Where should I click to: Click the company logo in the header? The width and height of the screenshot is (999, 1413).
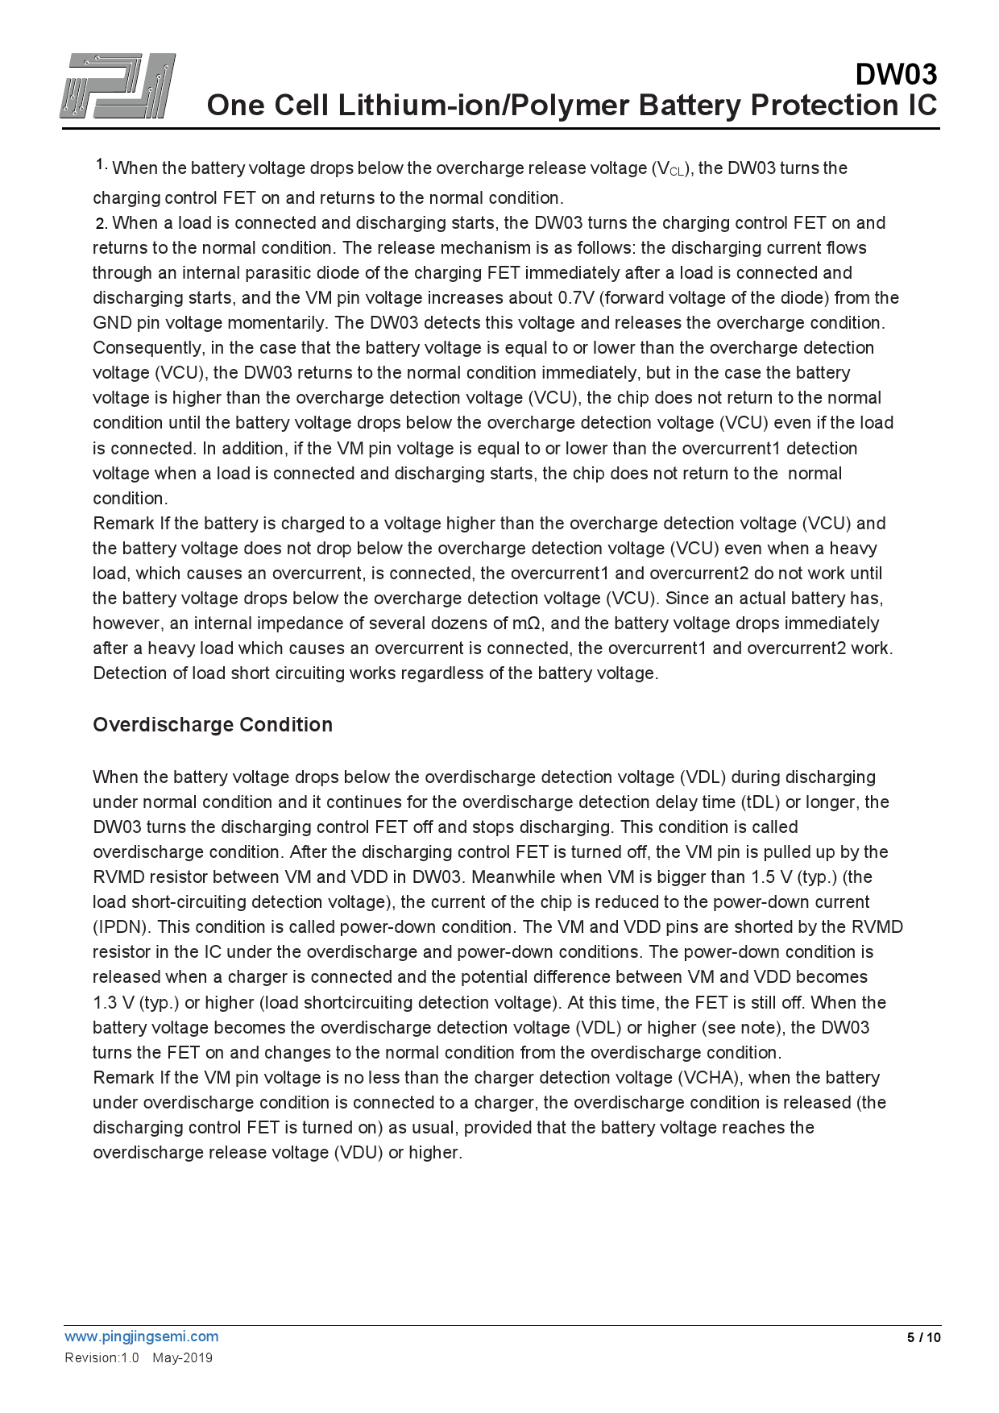coord(118,86)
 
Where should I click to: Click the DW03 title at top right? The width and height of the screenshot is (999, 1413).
coord(896,74)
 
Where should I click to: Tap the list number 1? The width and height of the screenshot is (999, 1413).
coord(101,164)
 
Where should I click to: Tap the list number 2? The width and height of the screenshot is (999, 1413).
coord(101,223)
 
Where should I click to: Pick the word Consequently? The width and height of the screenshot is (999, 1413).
coord(148,348)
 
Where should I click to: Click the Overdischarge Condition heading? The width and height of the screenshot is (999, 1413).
coord(213,725)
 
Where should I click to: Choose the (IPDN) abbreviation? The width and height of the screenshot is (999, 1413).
coord(122,927)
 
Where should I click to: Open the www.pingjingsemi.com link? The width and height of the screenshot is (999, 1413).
coord(142,1336)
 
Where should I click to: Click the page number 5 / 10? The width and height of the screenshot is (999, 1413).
coord(923,1338)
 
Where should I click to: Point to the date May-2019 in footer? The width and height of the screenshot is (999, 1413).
coord(183,1358)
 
